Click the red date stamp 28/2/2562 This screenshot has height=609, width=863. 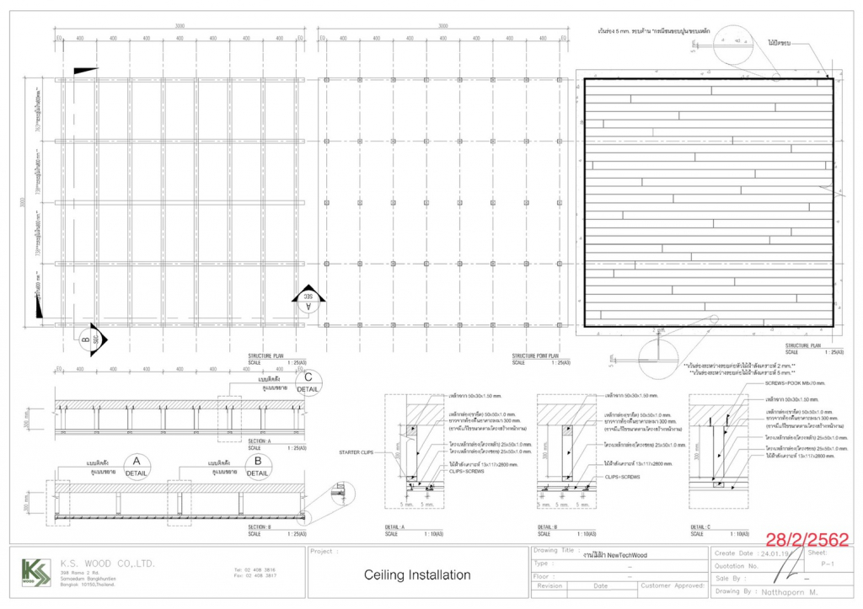[x=806, y=539]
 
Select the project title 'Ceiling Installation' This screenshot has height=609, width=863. [x=417, y=575]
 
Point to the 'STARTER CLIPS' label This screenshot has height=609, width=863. [x=356, y=452]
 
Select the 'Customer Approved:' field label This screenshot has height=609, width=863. [x=672, y=585]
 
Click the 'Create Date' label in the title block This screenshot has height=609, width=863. [x=732, y=553]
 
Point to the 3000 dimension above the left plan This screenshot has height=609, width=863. [x=180, y=27]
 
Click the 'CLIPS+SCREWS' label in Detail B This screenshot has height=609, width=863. [x=623, y=477]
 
